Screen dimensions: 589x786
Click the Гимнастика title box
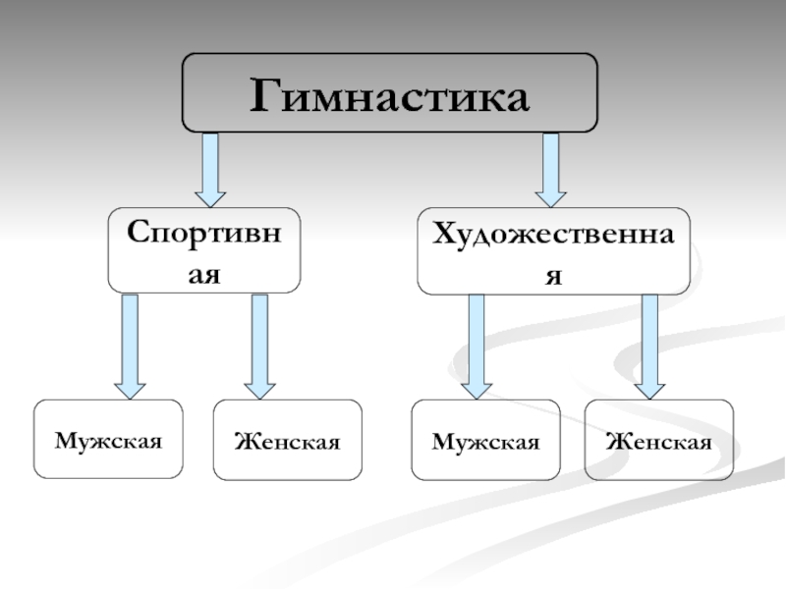tap(389, 93)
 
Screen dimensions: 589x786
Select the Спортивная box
tap(204, 250)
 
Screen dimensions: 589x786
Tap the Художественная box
tap(554, 251)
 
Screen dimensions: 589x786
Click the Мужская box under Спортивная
tap(108, 439)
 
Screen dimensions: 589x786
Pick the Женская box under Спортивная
tap(287, 440)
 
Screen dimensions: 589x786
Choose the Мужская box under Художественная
tap(485, 440)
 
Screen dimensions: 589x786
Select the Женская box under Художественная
tap(658, 440)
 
